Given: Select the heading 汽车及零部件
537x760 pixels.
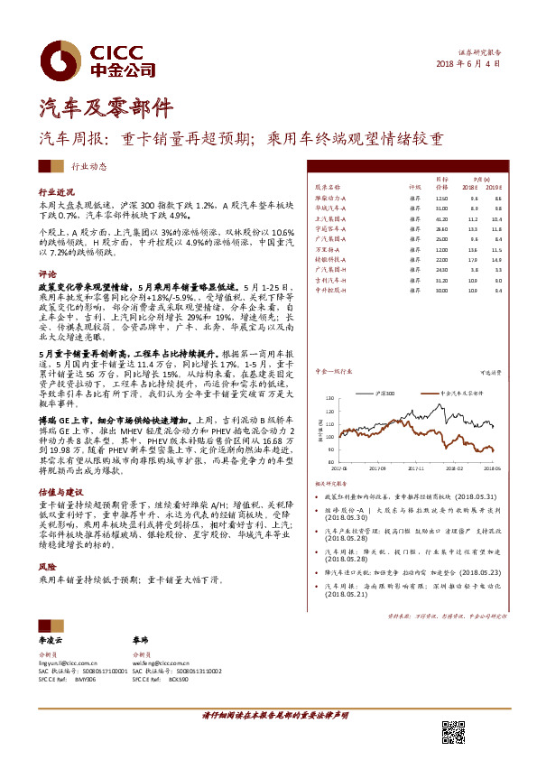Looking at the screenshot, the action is [x=105, y=108].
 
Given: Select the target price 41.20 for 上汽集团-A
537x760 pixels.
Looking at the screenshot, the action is [x=441, y=219].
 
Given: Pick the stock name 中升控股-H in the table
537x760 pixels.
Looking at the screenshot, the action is [x=330, y=290].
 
